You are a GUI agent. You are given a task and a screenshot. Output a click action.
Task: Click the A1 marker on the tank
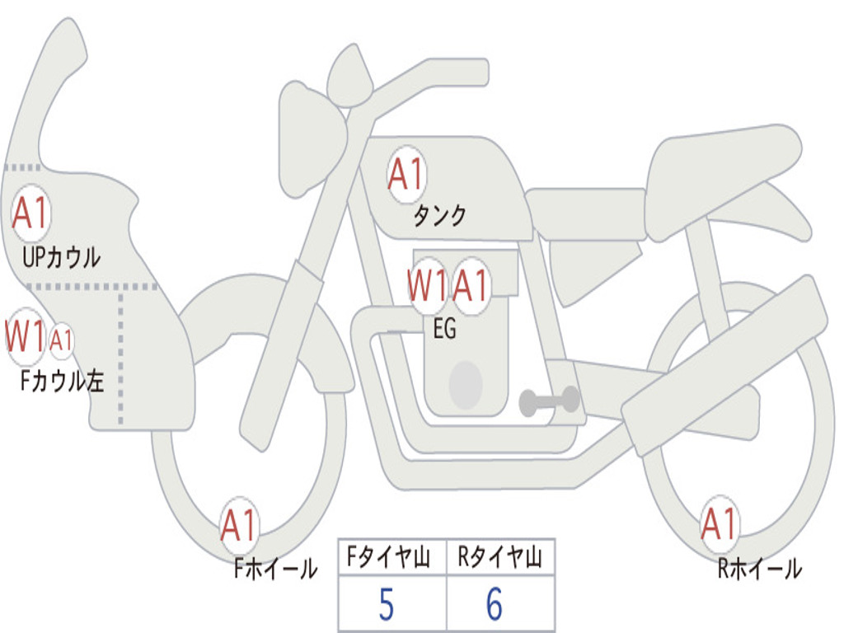click(406, 175)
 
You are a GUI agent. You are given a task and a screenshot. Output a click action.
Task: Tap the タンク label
click(439, 215)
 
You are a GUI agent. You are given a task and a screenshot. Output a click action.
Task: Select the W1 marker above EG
click(428, 285)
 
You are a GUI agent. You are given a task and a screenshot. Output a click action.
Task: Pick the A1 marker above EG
click(471, 285)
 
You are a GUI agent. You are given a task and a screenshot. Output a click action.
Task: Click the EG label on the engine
click(444, 328)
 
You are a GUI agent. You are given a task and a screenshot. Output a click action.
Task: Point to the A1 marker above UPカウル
click(30, 213)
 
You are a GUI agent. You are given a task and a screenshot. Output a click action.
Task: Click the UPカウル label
click(61, 257)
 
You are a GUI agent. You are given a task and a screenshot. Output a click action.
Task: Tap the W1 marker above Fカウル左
click(25, 336)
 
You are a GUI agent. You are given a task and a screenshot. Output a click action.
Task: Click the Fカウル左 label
click(62, 381)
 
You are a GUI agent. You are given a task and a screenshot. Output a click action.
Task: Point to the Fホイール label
click(275, 569)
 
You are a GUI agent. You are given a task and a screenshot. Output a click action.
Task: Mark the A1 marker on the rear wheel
click(719, 523)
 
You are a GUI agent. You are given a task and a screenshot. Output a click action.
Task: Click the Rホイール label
click(760, 569)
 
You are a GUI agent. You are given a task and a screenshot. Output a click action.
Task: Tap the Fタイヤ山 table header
click(389, 556)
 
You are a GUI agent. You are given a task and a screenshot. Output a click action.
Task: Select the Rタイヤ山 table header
click(500, 556)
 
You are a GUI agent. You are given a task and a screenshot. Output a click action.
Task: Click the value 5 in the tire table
click(387, 605)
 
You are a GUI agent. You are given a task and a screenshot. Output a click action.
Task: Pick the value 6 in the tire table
click(495, 604)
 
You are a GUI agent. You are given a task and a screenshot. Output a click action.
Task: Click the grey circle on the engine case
click(466, 385)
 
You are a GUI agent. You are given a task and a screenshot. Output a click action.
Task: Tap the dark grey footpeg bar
click(549, 401)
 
